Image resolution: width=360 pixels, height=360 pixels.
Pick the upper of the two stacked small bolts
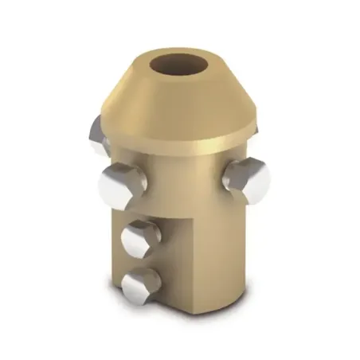point(140,237)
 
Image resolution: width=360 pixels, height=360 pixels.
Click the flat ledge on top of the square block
point(131,211)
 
